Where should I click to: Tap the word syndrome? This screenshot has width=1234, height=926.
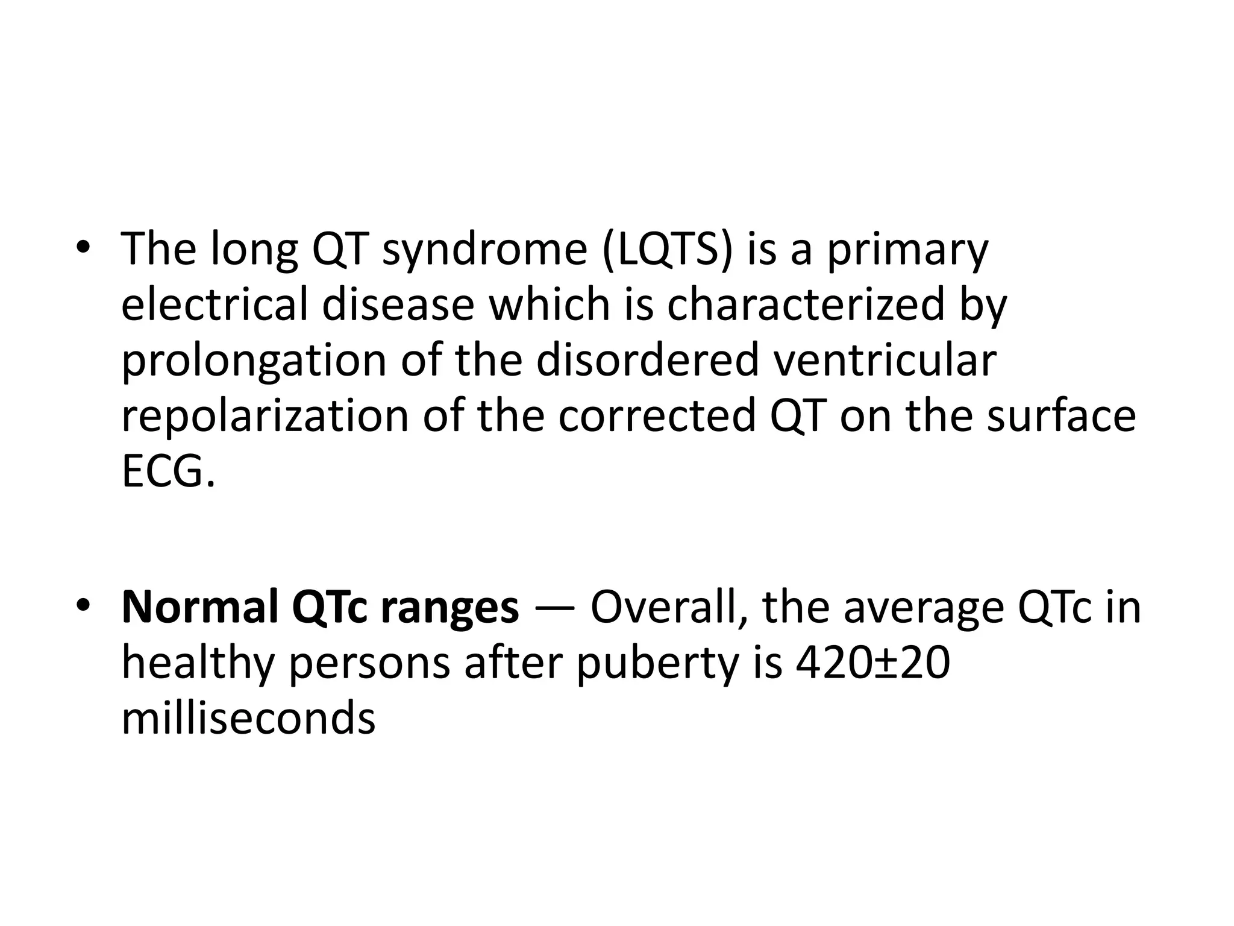pyautogui.click(x=484, y=250)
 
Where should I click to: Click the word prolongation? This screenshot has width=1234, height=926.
pyautogui.click(x=254, y=362)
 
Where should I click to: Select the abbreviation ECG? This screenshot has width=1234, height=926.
pyautogui.click(x=168, y=472)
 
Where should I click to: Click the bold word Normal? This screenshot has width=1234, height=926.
pyautogui.click(x=200, y=607)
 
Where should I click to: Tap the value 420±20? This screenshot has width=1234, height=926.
pyautogui.click(x=872, y=663)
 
